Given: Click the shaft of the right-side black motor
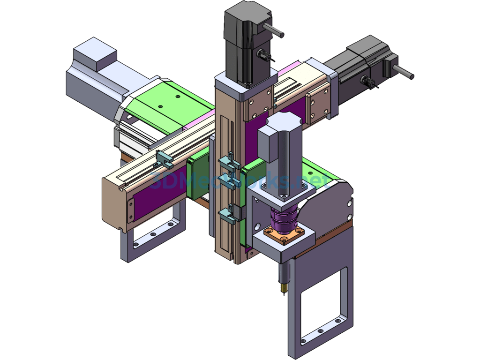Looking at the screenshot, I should [404, 72].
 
